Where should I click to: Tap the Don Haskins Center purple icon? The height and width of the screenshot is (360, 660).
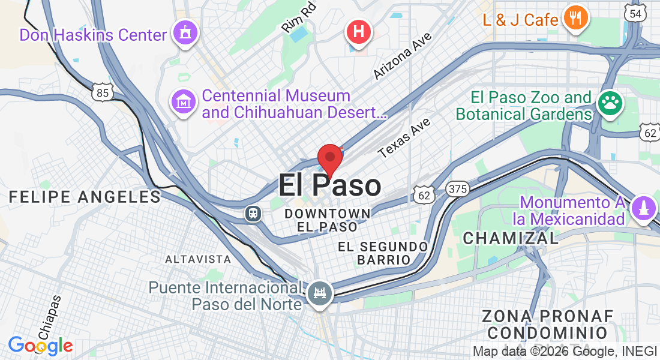185,34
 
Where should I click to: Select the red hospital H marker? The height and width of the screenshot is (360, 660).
359,31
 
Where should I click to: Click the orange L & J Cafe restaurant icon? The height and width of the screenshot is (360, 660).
575,19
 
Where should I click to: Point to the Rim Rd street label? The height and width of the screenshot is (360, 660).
298,19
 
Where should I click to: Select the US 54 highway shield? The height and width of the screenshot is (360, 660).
635,13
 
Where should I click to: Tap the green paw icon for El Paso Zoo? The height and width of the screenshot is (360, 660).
610,104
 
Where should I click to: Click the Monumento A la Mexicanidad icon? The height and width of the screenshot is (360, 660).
643,209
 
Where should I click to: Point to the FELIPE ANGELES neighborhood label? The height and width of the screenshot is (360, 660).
85,197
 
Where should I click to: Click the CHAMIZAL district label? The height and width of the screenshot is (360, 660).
511,238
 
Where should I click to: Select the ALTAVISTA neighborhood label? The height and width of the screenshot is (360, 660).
198,259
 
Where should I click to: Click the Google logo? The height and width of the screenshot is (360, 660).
40,346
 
